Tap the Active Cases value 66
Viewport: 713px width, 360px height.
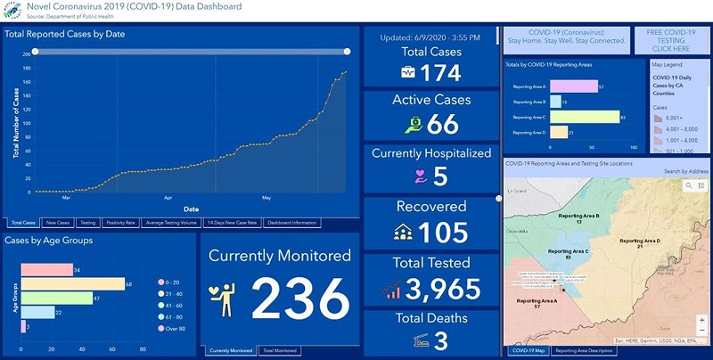click(x=443, y=124)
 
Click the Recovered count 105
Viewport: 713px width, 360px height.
click(x=443, y=233)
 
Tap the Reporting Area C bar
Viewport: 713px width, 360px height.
click(x=584, y=116)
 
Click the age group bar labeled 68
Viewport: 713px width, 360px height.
click(x=72, y=283)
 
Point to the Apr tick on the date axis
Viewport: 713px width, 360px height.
click(x=168, y=199)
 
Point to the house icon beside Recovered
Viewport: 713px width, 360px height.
click(x=402, y=233)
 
